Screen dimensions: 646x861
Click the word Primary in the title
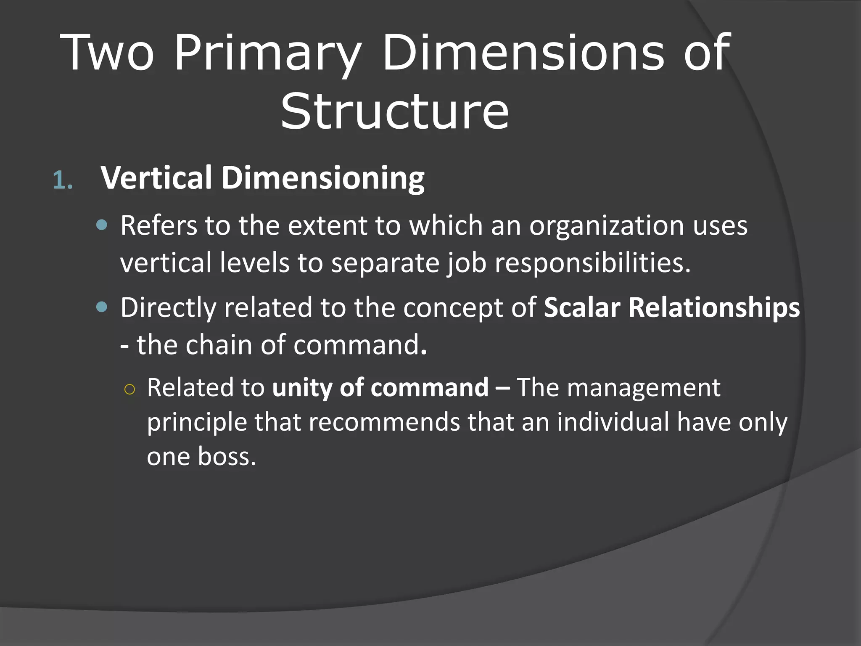(x=267, y=54)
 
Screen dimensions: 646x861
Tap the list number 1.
(x=63, y=181)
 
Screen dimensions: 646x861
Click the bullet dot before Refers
(x=102, y=225)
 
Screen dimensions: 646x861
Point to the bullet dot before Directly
(x=102, y=307)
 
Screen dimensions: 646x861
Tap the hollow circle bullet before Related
(x=129, y=389)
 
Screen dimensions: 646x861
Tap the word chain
(x=219, y=345)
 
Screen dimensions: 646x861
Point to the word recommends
(x=384, y=422)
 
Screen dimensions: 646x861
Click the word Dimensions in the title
(x=523, y=54)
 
